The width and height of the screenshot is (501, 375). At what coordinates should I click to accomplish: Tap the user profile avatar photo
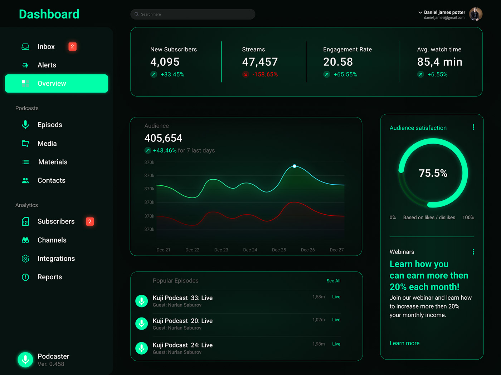click(476, 14)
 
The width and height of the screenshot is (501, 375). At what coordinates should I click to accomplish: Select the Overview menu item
click(57, 84)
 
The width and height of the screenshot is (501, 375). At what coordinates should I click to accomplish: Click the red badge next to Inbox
click(72, 46)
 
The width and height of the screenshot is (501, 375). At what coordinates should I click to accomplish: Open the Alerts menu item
click(47, 65)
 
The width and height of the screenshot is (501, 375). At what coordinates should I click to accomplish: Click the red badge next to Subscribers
click(90, 221)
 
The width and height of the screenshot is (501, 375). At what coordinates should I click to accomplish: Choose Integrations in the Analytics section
click(56, 259)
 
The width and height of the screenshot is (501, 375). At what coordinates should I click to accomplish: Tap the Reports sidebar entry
click(49, 277)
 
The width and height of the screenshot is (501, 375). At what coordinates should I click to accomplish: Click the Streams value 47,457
click(260, 62)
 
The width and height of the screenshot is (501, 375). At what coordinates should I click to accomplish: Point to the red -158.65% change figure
click(265, 74)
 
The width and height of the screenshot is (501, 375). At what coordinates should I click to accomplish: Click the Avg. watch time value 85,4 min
click(439, 62)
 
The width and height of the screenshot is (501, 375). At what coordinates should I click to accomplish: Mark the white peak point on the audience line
click(295, 166)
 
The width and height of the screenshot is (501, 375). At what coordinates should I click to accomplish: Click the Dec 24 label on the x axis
click(250, 250)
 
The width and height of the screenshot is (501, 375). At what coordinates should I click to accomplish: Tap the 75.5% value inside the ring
click(433, 173)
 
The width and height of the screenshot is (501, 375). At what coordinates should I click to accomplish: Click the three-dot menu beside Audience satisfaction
click(473, 127)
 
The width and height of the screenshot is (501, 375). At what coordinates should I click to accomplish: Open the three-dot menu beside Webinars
click(473, 252)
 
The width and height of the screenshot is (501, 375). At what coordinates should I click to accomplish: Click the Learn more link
click(404, 343)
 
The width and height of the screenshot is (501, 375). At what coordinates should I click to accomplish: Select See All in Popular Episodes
click(333, 281)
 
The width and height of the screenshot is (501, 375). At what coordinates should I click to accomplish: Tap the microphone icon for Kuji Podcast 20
click(142, 324)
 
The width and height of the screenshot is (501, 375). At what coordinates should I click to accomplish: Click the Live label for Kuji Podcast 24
click(336, 344)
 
